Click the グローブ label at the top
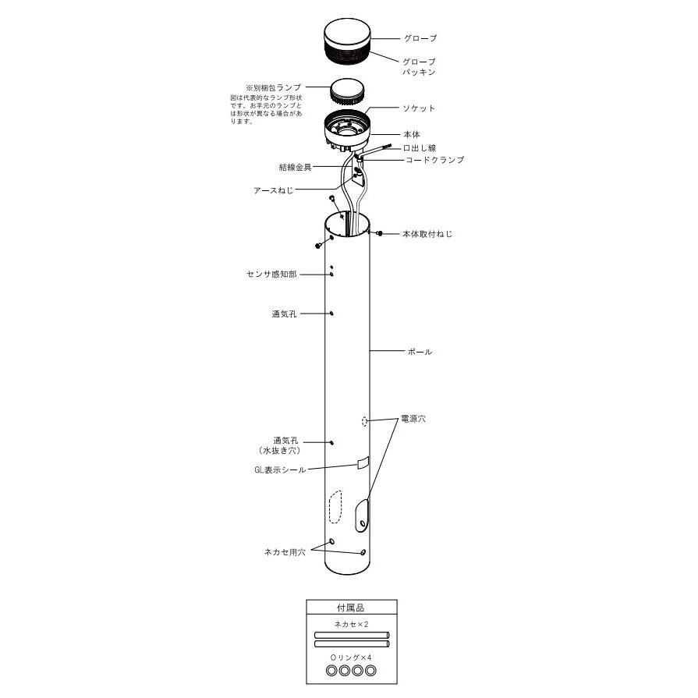[420, 38]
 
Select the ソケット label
[419, 108]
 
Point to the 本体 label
[412, 134]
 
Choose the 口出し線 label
[420, 148]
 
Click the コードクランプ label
[435, 160]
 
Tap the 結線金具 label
[295, 168]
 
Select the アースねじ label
[273, 190]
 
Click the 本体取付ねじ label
[427, 234]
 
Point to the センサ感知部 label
[271, 275]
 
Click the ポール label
[420, 352]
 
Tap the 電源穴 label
[413, 419]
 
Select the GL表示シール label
[280, 469]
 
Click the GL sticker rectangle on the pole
[363, 462]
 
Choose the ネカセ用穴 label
[285, 552]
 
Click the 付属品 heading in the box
[351, 608]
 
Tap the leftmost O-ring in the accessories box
[331, 671]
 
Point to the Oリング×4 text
[351, 657]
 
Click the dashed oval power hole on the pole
[364, 421]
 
